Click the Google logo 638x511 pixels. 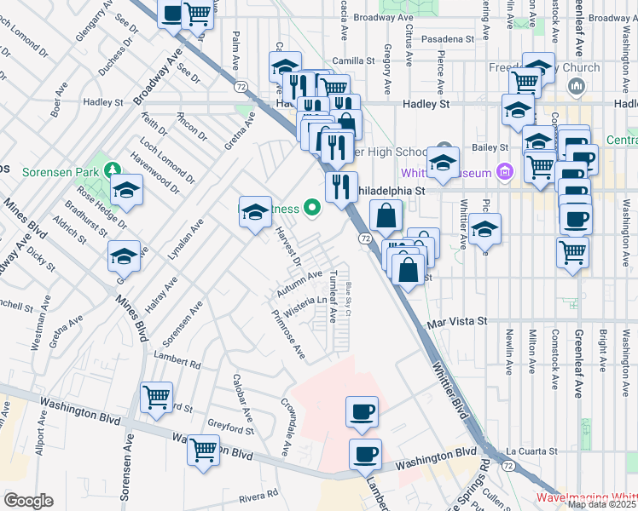(x=27, y=501)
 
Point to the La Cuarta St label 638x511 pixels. (x=531, y=451)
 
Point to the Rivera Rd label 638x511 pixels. (x=259, y=495)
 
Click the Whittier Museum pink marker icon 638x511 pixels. (x=504, y=173)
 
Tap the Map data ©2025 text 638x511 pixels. (x=602, y=504)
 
